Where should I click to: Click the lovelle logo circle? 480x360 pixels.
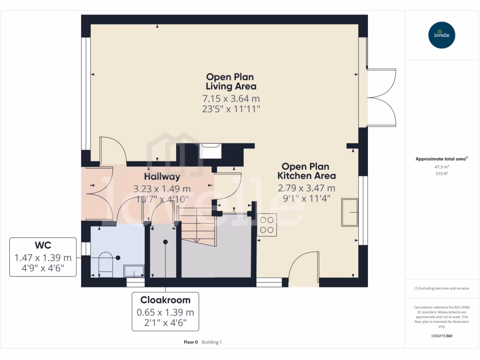442,35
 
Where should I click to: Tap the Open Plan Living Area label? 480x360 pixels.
231,82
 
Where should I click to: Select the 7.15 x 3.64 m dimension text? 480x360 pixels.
231,98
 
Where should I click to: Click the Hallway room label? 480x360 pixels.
162,177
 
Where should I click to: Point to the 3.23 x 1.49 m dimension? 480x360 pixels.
162,188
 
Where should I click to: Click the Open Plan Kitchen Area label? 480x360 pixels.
307,171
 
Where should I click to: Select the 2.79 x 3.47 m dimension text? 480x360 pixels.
307,188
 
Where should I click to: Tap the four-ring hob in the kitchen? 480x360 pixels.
267,225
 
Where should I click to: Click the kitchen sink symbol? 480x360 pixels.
350,212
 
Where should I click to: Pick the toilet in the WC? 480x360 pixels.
106,262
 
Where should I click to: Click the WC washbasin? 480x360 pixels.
134,271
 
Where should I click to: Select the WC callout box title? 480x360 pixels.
43,245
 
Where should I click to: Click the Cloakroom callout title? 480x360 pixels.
165,300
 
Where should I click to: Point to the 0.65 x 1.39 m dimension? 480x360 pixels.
165,312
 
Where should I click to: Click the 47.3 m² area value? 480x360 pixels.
442,167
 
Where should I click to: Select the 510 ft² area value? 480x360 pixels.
442,173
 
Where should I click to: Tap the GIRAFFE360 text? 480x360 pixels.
442,336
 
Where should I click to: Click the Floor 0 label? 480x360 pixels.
191,342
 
